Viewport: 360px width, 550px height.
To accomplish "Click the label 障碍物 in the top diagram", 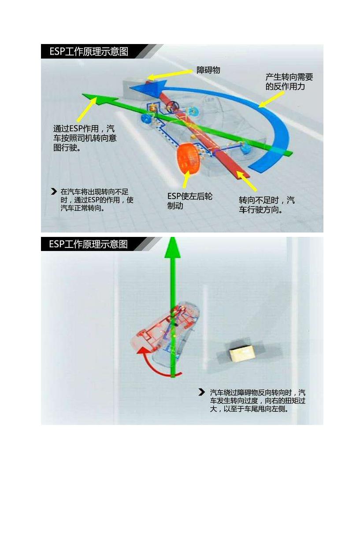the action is pos(208,70).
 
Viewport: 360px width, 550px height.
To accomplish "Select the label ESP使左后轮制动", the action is pos(190,201).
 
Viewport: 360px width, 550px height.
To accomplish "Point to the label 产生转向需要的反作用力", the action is pos(289,82).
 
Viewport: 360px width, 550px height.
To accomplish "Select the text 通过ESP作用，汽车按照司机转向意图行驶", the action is pos(85,138).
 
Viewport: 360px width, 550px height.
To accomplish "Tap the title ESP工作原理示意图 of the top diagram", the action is pos(89,52).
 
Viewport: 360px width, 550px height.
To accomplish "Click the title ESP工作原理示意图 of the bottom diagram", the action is pos(89,244).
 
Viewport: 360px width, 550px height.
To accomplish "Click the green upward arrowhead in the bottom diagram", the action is pos(173,247).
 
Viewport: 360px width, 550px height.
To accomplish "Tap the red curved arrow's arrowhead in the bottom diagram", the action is pos(142,351).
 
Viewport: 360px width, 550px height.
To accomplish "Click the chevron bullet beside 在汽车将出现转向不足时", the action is pos(54,192).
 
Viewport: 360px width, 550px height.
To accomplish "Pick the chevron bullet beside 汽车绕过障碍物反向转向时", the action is pos(201,392).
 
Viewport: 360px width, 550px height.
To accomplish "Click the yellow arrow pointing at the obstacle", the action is pos(170,74).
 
